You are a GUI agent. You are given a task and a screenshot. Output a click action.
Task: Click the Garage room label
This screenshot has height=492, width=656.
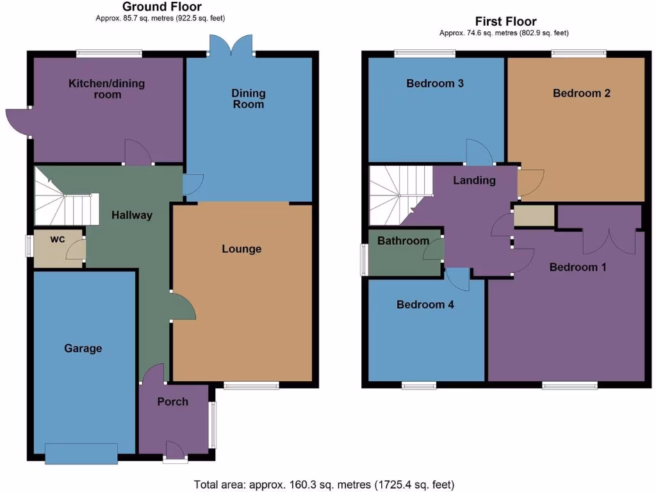click(83, 348)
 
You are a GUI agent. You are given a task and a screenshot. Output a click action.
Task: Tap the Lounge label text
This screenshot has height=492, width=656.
click(242, 249)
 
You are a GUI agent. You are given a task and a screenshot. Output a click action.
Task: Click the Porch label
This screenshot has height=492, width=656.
click(173, 402)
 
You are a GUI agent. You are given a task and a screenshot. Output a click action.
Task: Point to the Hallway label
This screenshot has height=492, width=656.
click(132, 215)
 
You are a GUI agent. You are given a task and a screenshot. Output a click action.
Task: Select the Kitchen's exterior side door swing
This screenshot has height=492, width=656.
click(18, 122)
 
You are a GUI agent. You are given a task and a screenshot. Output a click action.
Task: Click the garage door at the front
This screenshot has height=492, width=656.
click(81, 454)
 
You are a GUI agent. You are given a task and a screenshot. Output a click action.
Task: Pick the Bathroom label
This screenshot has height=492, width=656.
click(403, 241)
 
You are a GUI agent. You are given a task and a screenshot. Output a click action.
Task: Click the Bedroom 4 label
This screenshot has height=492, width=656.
click(425, 305)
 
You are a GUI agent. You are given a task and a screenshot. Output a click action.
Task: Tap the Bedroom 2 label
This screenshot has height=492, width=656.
click(582, 93)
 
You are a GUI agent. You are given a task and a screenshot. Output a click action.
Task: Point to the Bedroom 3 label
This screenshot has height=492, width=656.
click(435, 83)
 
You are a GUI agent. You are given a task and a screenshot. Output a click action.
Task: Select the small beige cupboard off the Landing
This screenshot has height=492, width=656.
click(534, 216)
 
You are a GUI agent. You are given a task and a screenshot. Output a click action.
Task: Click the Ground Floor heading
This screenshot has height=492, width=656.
click(162, 7)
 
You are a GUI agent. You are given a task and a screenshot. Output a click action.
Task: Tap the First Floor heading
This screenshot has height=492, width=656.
click(505, 22)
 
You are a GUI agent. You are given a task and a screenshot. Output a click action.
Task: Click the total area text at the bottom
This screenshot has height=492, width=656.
click(324, 484)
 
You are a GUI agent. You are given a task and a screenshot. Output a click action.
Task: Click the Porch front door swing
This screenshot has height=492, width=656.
click(174, 448)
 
